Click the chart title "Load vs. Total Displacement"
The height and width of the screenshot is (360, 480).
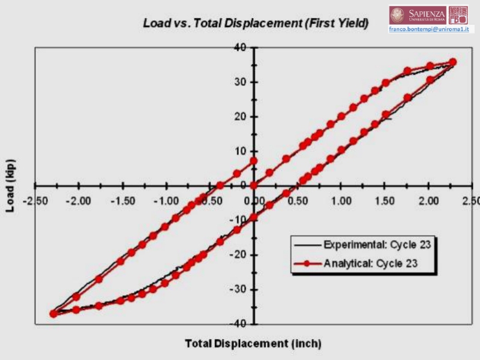tap(255, 24)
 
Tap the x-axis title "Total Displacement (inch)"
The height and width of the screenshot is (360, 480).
tap(253, 344)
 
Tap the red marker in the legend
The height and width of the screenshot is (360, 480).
tap(306, 263)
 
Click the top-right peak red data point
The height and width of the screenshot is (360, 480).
tap(453, 62)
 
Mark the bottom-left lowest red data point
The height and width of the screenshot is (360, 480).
tap(53, 313)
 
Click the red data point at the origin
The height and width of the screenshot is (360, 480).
tap(254, 185)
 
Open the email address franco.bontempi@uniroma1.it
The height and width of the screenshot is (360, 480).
tap(430, 28)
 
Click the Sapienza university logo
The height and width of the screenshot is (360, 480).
tap(419, 14)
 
